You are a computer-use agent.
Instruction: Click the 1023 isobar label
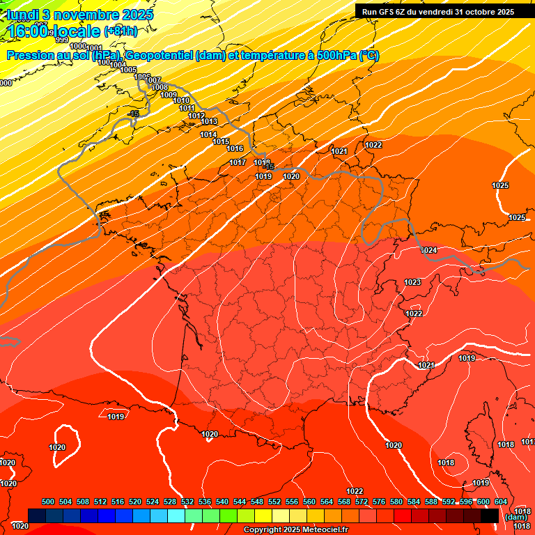tap(412, 282)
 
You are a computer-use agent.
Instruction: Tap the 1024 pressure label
tap(429, 250)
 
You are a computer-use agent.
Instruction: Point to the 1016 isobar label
tap(235, 148)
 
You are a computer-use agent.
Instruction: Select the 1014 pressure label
tap(208, 134)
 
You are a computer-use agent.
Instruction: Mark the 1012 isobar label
tap(196, 116)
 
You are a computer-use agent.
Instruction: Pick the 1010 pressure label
tap(180, 100)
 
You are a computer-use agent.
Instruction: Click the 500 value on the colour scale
tap(48, 502)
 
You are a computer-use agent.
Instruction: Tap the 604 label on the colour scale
tap(501, 502)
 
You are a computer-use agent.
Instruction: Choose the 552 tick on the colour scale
tap(274, 502)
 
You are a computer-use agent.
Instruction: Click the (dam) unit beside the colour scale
tap(515, 517)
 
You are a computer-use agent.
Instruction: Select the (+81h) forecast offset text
tap(121, 31)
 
